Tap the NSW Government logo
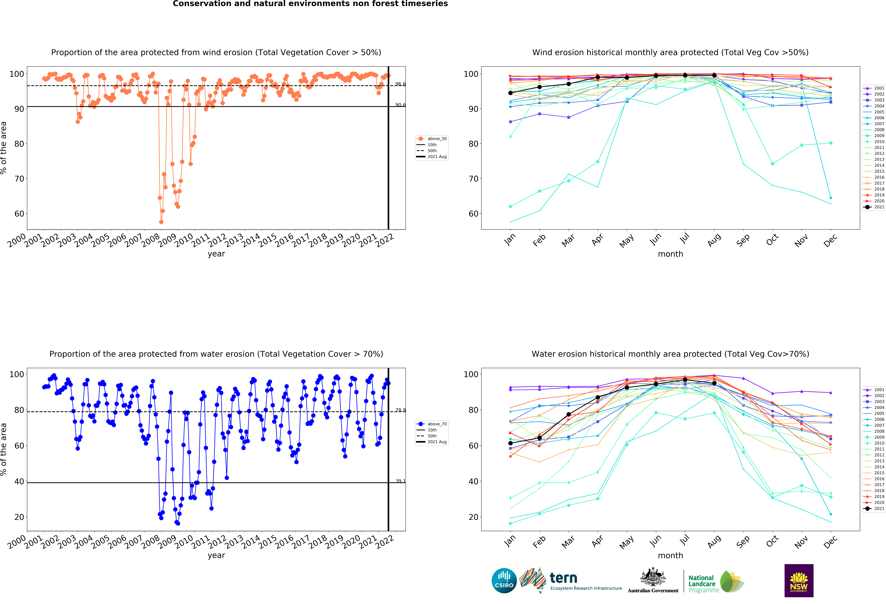(x=799, y=580)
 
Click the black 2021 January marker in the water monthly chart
(x=510, y=443)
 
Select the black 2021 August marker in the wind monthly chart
(x=714, y=76)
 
